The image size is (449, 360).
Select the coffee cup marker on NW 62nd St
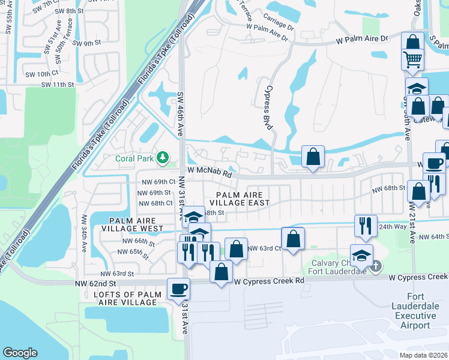click(x=178, y=289)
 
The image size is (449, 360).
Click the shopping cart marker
click(x=412, y=59)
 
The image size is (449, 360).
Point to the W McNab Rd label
click(x=209, y=172)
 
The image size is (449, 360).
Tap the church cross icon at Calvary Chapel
click(x=376, y=266)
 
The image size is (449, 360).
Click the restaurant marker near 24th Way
click(x=366, y=226)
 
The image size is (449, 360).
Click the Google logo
click(x=20, y=353)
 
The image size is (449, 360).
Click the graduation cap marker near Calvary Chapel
click(x=361, y=256)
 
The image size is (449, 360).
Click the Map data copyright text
click(x=427, y=355)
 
